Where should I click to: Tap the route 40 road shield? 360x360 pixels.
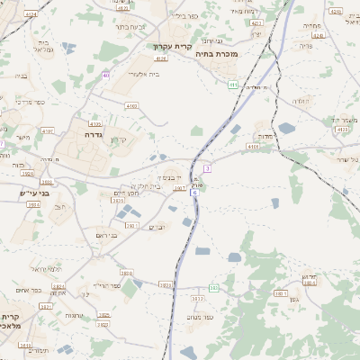tap(106, 75)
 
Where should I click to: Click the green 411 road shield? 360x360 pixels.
tap(232, 85)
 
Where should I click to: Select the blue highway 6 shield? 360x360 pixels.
tap(193, 205)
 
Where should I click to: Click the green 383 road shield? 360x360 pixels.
tap(214, 288)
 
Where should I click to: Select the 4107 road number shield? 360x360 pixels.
tap(180, 188)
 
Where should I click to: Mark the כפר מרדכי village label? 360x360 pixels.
tap(30, 102)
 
